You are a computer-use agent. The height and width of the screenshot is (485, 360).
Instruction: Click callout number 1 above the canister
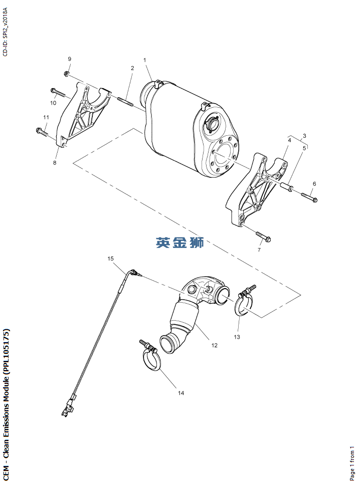tap(144, 60)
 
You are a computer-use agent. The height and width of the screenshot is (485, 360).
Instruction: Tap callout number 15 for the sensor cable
tap(110, 259)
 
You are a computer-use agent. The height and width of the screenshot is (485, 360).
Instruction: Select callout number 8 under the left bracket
tap(55, 163)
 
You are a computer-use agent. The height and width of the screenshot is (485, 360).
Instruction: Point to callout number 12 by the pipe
tap(215, 345)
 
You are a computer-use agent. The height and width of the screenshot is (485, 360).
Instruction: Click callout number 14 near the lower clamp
tap(181, 393)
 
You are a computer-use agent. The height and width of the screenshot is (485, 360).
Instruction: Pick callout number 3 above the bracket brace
tap(304, 136)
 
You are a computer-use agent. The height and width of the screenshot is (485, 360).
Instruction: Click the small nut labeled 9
tap(66, 74)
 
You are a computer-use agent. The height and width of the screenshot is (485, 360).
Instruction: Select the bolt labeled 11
tap(43, 132)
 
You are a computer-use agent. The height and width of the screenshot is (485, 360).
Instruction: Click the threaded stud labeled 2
tap(125, 102)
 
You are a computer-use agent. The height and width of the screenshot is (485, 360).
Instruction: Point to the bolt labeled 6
tap(309, 197)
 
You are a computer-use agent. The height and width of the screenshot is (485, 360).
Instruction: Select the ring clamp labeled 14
tap(150, 355)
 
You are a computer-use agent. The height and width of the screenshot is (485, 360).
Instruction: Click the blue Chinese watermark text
tap(180, 242)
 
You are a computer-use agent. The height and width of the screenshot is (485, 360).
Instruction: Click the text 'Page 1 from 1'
tap(352, 463)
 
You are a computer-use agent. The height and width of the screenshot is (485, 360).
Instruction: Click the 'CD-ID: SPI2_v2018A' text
tap(5, 32)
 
